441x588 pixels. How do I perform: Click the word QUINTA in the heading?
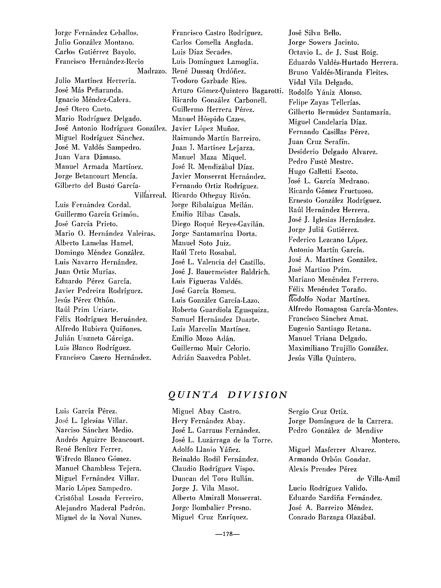pyautogui.click(x=193, y=395)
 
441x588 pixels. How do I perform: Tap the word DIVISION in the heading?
pyautogui.click(x=257, y=395)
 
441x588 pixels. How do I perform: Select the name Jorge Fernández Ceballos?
pyautogui.click(x=97, y=33)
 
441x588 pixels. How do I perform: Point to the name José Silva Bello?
pyautogui.click(x=315, y=33)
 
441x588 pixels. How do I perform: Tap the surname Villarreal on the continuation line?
pyautogui.click(x=150, y=195)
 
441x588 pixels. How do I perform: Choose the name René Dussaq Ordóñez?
pyautogui.click(x=209, y=71)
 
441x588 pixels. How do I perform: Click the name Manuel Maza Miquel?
pyautogui.click(x=209, y=157)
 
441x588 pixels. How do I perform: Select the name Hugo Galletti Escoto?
pyautogui.click(x=323, y=172)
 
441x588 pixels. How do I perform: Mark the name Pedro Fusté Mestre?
pyautogui.click(x=321, y=162)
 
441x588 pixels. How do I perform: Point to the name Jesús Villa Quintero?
pyautogui.click(x=322, y=358)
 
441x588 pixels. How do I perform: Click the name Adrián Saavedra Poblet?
pyautogui.click(x=211, y=358)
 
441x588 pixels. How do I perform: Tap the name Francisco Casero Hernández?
pyautogui.click(x=103, y=358)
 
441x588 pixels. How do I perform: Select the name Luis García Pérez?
pyautogui.click(x=86, y=411)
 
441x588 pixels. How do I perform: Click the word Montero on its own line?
pyautogui.click(x=386, y=440)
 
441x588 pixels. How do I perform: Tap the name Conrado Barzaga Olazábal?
pyautogui.click(x=332, y=517)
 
